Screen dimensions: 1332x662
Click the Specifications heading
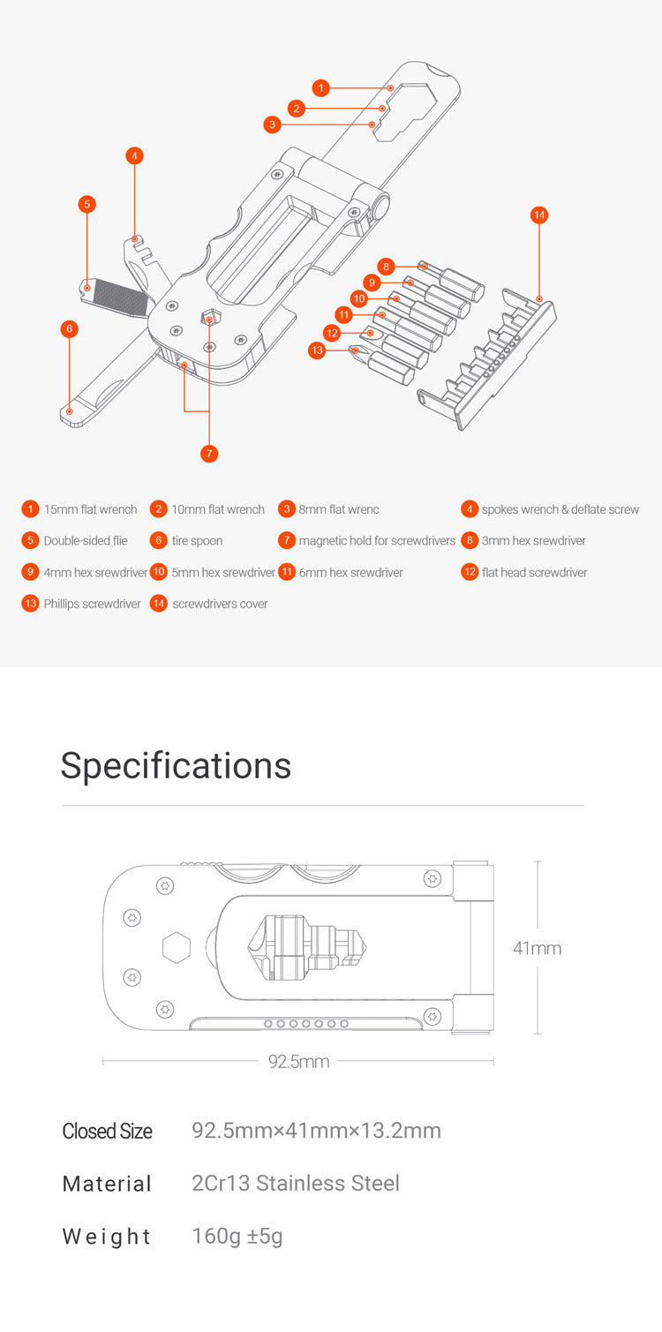pyautogui.click(x=176, y=765)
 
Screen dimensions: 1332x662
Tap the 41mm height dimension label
pyautogui.click(x=537, y=949)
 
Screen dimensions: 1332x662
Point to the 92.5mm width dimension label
pyautogui.click(x=298, y=1061)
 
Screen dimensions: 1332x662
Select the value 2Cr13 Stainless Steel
pyautogui.click(x=296, y=1183)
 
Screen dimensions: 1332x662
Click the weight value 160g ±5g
pyautogui.click(x=237, y=1236)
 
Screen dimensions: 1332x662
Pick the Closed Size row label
pyautogui.click(x=107, y=1131)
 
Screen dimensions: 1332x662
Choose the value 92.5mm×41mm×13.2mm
pyautogui.click(x=316, y=1131)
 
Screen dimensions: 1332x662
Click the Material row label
pyautogui.click(x=107, y=1184)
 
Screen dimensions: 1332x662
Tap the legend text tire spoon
pyautogui.click(x=197, y=541)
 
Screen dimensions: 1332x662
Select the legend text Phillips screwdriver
pyautogui.click(x=92, y=604)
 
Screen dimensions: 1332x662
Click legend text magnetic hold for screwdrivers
pyautogui.click(x=377, y=541)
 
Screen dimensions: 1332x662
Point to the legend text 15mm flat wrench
pyautogui.click(x=90, y=509)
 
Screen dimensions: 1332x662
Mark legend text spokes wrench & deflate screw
pyautogui.click(x=560, y=509)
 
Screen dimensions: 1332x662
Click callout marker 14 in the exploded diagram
pyautogui.click(x=539, y=214)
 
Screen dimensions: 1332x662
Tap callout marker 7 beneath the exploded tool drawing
pyautogui.click(x=208, y=453)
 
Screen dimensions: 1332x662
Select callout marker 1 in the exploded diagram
pyautogui.click(x=321, y=87)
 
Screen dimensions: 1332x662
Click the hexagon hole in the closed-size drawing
pyautogui.click(x=177, y=949)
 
